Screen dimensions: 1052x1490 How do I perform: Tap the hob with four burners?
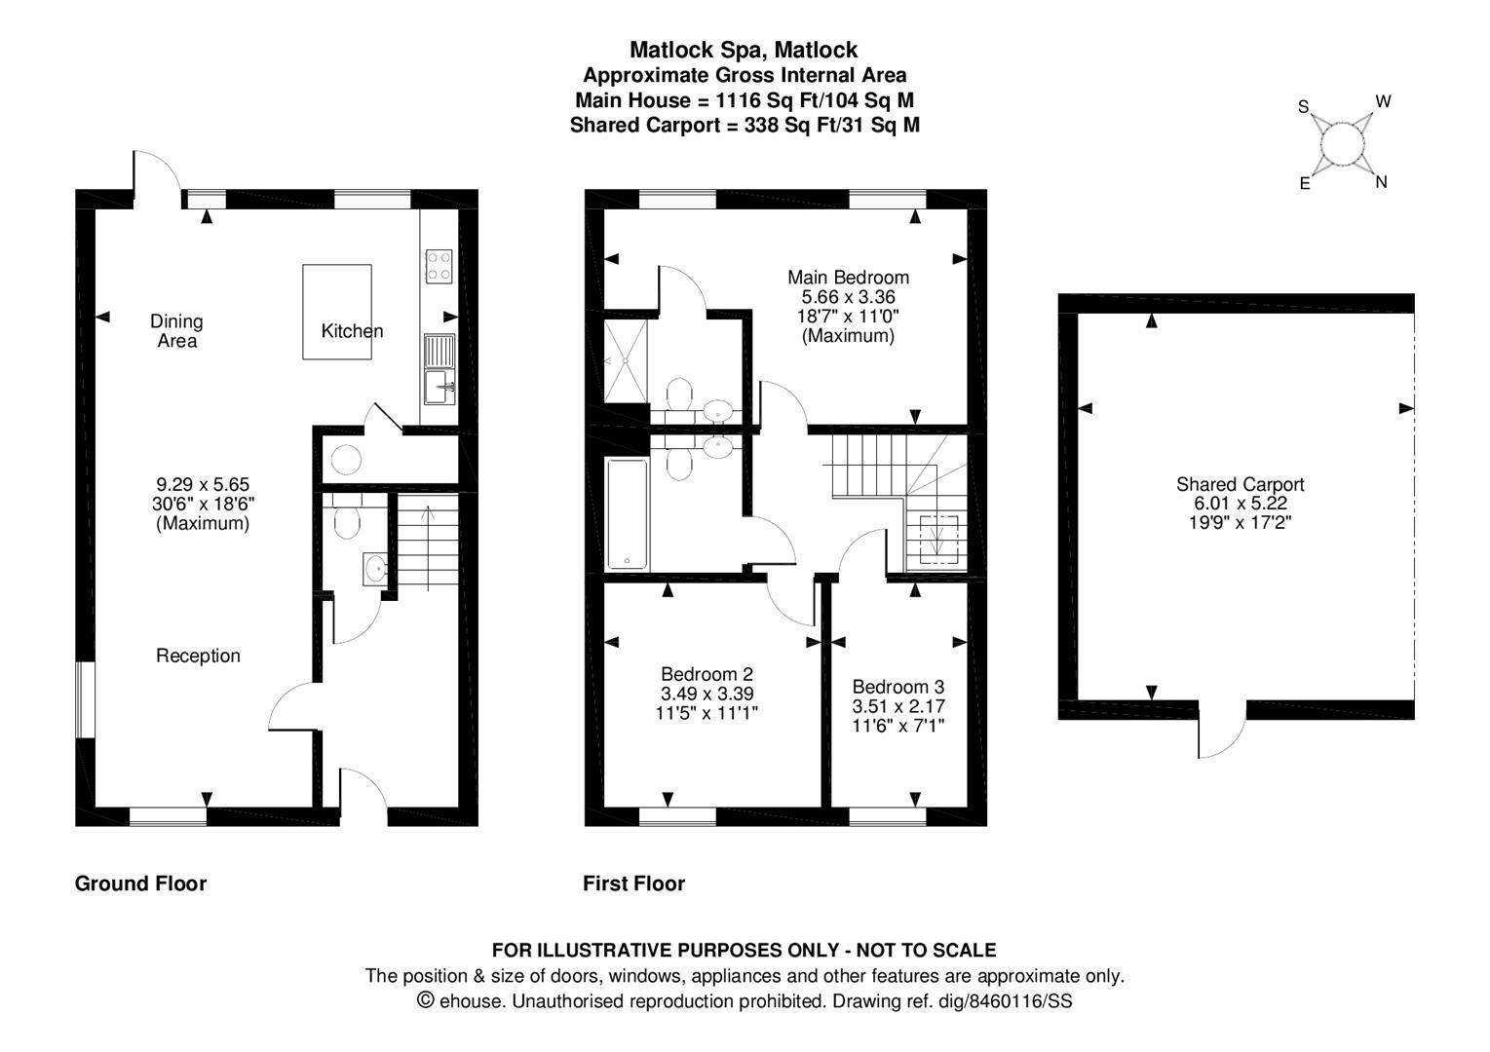[439, 266]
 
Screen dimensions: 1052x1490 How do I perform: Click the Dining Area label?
[176, 331]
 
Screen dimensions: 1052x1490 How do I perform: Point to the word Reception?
[198, 656]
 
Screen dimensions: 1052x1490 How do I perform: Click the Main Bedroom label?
[848, 278]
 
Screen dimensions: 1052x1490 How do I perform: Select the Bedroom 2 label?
[707, 674]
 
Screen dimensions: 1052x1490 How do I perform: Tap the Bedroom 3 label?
[898, 687]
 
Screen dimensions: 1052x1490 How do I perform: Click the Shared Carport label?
[1240, 484]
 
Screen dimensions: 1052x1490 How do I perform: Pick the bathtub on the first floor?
[626, 513]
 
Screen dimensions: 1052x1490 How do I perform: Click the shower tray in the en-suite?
[625, 359]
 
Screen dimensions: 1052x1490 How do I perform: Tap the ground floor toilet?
[345, 521]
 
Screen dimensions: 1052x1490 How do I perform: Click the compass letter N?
[1381, 182]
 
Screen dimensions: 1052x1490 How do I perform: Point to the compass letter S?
[1303, 107]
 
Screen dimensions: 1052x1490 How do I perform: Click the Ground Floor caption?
[140, 883]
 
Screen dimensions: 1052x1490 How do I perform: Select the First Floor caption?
[633, 883]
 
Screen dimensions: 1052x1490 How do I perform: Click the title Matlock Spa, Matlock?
[744, 50]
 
